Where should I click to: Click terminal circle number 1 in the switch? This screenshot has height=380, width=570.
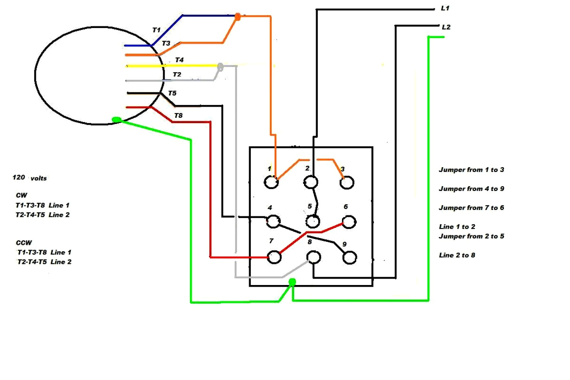271,182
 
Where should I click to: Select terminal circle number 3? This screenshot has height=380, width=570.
346,183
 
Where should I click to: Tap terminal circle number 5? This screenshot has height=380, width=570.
313,222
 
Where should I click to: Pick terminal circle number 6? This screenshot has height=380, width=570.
349,222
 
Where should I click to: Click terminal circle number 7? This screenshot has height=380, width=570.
274,257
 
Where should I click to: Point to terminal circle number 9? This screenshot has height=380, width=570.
349,258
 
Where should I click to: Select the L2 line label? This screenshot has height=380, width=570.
446,27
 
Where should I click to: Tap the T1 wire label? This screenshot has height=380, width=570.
156,30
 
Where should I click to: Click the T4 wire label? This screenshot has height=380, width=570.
179,60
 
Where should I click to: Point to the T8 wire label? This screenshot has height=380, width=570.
178,115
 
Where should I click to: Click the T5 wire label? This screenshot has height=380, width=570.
172,93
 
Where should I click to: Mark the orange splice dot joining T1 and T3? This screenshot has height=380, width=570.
237,17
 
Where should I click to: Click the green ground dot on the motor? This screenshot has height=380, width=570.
116,120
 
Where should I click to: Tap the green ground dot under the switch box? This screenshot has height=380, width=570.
292,282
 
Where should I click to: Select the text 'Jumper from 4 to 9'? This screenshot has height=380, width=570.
472,189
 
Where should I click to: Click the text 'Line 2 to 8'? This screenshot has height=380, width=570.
457,255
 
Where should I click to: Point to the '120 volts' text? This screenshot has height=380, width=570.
30,178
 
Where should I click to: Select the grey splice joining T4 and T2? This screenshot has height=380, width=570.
220,66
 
